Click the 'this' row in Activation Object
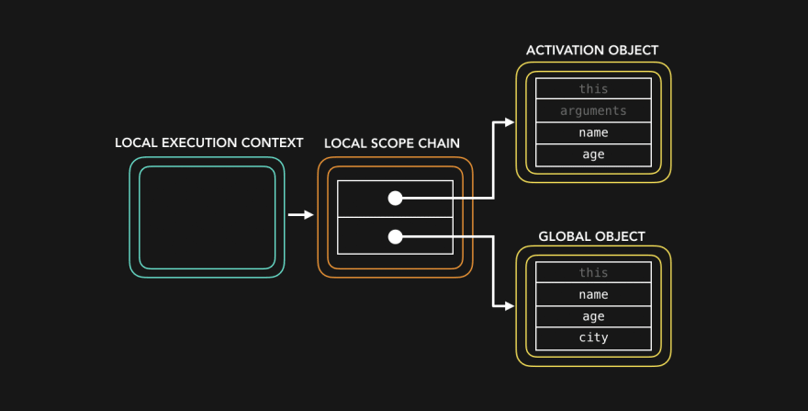[593, 89]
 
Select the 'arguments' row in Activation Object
[593, 111]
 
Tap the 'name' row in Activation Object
[593, 133]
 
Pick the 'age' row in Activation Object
[593, 155]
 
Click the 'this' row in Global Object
[593, 273]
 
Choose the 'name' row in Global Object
[593, 295]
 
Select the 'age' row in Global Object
[593, 316]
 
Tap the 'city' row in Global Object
[593, 338]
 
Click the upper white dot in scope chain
[395, 198]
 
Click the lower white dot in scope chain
[395, 236]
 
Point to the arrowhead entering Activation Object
[509, 122]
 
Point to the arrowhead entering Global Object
[509, 306]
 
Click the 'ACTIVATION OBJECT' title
[592, 51]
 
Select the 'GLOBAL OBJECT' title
[592, 236]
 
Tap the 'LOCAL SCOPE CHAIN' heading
[392, 143]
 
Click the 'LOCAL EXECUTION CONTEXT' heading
[208, 143]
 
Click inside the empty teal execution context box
[207, 217]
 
